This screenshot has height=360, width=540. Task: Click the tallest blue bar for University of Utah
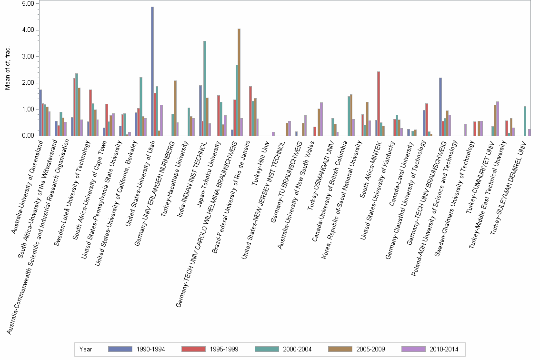(152, 71)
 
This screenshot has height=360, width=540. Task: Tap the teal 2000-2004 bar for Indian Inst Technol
(205, 88)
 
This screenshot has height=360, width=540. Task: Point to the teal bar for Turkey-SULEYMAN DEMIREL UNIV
(525, 121)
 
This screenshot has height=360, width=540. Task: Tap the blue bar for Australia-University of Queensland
(41, 112)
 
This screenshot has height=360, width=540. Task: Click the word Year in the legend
(86, 349)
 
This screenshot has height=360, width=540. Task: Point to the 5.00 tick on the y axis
(28, 4)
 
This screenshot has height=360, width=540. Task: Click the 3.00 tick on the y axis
(28, 57)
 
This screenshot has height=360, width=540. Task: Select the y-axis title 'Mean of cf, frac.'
(7, 70)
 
